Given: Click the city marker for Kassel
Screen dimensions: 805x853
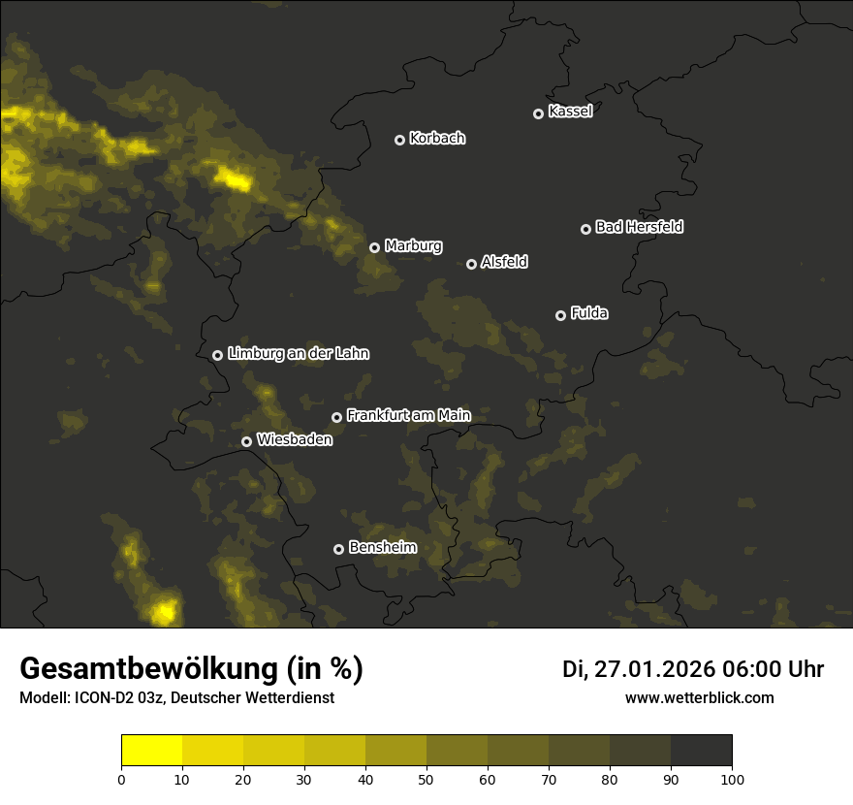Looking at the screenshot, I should click(538, 113).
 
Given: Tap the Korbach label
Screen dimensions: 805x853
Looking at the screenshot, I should click(437, 139).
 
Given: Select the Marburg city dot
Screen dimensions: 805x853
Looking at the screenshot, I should click(374, 247).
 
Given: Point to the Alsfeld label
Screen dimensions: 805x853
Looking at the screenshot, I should click(504, 263).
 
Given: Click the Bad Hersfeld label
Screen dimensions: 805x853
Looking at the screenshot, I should click(639, 227).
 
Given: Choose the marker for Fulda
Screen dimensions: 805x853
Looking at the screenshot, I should click(560, 315).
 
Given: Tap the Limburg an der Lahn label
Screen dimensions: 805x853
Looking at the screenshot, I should click(298, 354).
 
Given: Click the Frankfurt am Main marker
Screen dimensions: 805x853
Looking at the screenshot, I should click(336, 417).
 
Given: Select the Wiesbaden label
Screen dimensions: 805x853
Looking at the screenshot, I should click(295, 440).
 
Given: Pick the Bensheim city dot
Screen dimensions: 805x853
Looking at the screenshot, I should click(338, 549).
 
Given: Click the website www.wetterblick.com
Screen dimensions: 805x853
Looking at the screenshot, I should click(699, 697).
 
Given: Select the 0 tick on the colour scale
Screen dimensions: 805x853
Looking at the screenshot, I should click(121, 779).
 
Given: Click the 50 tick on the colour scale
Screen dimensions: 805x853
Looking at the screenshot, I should click(426, 779).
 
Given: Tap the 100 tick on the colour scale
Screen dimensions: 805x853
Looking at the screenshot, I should click(732, 779).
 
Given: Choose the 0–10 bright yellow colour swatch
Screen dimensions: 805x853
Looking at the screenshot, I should click(151, 750).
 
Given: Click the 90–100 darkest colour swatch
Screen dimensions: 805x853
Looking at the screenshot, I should click(701, 750).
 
